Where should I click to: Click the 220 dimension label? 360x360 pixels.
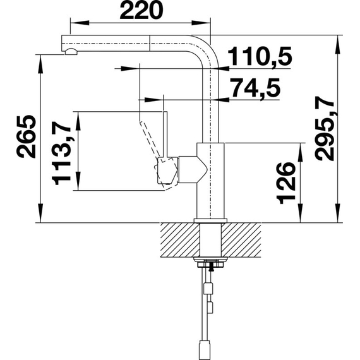[141, 10]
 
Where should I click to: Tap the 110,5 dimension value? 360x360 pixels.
[260, 56]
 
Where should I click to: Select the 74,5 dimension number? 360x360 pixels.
[256, 88]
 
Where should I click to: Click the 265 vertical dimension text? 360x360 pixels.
[26, 136]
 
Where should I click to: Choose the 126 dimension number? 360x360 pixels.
[286, 183]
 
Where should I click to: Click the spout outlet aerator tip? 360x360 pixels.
[71, 52]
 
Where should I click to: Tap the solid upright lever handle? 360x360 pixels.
[165, 135]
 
